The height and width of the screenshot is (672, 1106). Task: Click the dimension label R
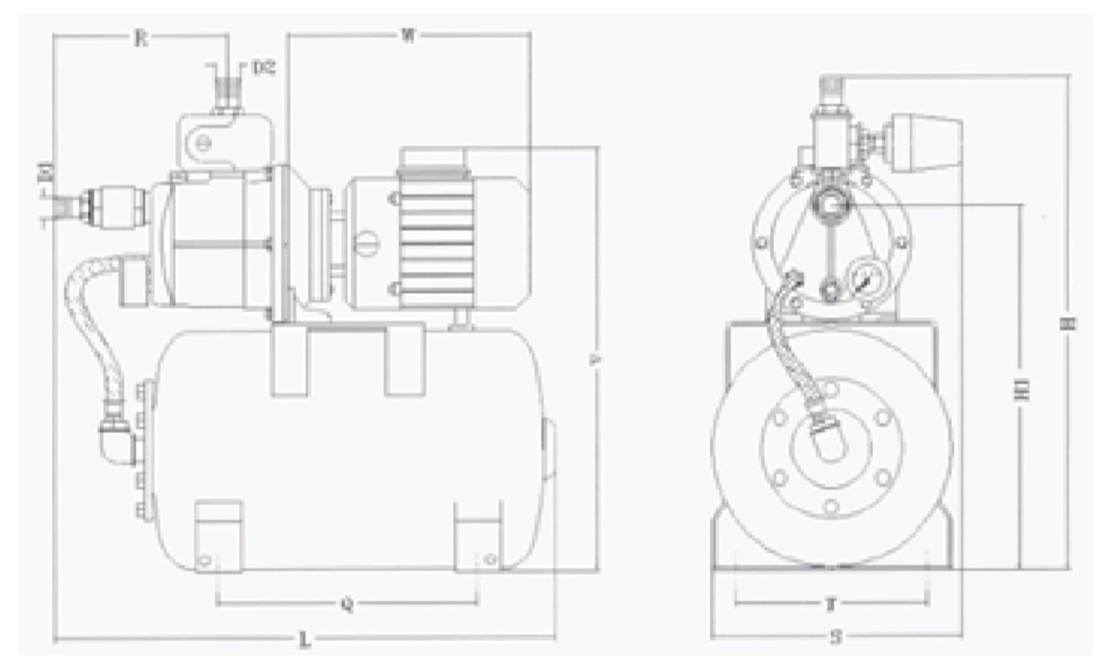[x=141, y=38]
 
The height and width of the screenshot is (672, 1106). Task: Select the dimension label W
[x=407, y=36]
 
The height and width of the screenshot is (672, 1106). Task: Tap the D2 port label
[x=262, y=68]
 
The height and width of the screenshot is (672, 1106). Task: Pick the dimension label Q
[x=347, y=605]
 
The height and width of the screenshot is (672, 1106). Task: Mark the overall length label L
[x=304, y=641]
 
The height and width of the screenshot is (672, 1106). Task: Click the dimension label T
[x=829, y=605]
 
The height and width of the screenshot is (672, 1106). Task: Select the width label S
[x=836, y=638]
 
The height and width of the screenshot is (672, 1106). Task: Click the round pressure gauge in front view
[x=863, y=277]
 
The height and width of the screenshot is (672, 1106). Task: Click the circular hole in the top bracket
[x=205, y=142]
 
